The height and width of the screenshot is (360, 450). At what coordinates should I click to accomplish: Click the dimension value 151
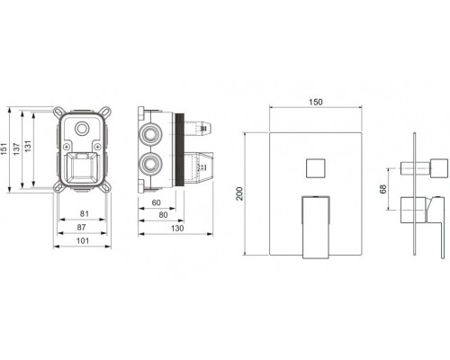(4, 148)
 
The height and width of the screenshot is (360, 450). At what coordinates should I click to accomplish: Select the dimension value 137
(16, 148)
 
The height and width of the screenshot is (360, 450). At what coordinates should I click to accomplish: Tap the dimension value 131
(28, 146)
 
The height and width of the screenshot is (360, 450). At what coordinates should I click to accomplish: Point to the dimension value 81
(85, 213)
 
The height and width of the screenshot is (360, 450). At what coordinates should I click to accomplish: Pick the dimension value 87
(81, 227)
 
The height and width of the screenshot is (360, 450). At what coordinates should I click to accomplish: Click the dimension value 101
(83, 240)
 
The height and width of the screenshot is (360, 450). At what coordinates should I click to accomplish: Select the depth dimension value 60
(157, 202)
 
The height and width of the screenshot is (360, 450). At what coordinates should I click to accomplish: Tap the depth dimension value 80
(163, 215)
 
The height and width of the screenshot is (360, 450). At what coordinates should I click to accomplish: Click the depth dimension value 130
(177, 229)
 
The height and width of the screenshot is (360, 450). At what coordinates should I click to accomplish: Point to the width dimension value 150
(316, 102)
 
